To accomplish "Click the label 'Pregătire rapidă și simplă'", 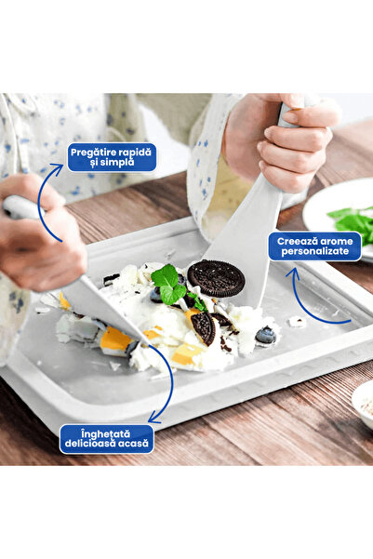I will [x=111, y=156].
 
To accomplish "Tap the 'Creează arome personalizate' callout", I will [x=315, y=246].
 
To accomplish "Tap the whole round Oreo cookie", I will [x=216, y=278].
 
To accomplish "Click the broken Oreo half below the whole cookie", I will [x=204, y=326].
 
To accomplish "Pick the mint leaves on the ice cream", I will [x=170, y=285].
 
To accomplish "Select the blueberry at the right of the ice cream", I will [x=266, y=335].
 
